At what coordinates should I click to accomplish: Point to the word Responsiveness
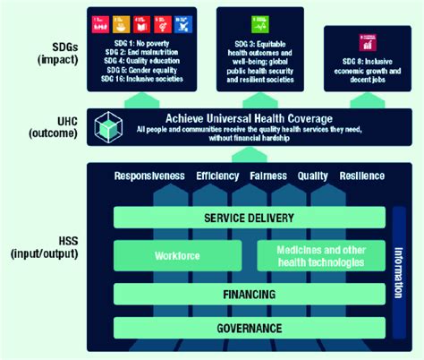[x=150, y=176]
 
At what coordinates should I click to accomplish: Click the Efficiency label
[x=218, y=176]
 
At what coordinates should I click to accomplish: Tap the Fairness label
[x=269, y=176]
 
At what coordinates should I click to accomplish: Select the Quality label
[x=313, y=176]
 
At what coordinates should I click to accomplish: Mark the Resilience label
[x=362, y=176]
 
